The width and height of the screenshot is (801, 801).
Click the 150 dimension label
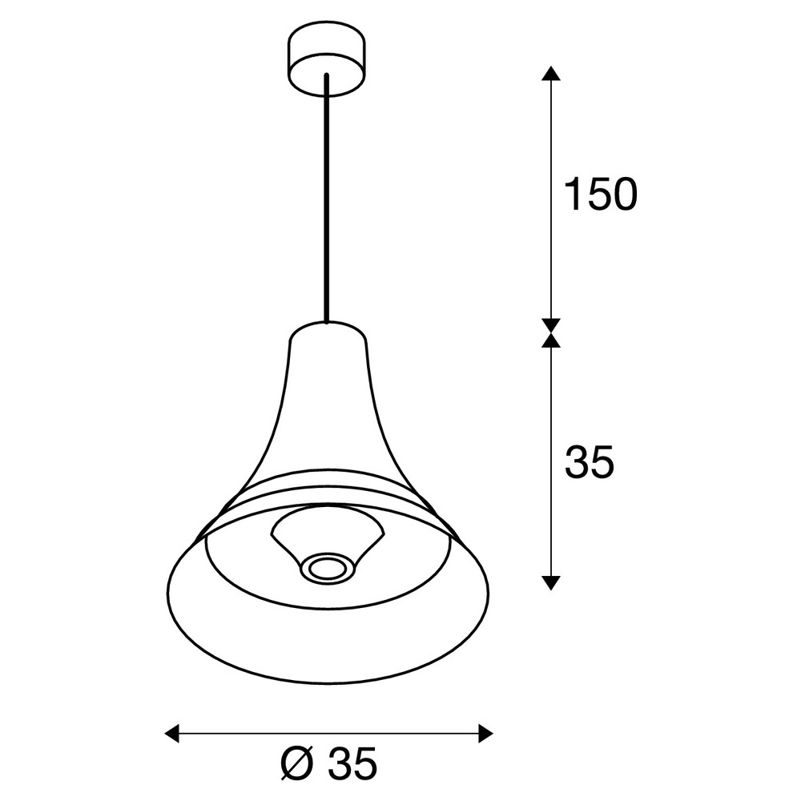(601, 194)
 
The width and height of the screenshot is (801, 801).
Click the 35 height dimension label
(589, 462)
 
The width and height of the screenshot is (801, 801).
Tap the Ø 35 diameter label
(329, 763)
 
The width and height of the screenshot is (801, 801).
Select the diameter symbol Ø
(298, 763)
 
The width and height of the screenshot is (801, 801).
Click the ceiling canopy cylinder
(327, 58)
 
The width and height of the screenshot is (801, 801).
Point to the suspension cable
(327, 198)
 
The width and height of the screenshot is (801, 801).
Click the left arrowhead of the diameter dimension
(172, 733)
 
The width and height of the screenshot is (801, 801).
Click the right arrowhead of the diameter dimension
(486, 733)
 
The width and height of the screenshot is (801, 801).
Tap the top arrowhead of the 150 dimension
(551, 74)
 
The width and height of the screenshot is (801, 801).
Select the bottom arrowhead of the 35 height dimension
(551, 583)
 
